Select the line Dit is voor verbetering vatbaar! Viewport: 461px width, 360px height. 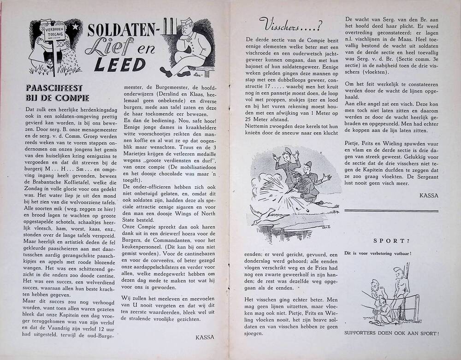point(378,254)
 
